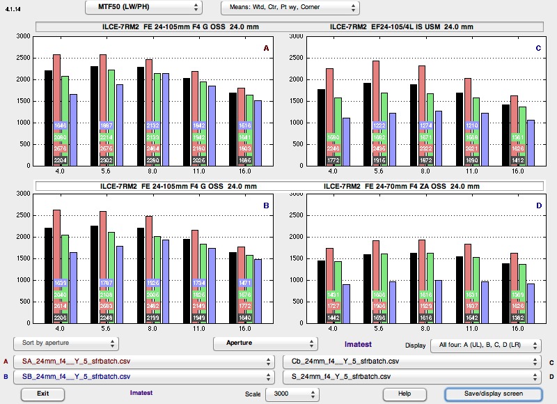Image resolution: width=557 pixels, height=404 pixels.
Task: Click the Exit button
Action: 43,394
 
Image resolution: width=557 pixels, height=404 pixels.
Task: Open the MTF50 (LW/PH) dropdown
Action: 143,8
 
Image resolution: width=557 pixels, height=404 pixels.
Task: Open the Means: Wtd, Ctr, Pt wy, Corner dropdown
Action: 290,8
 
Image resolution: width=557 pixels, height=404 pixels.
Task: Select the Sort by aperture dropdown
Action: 65,344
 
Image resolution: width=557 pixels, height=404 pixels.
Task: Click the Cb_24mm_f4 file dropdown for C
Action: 411,362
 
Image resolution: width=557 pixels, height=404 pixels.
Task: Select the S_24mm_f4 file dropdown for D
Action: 411,377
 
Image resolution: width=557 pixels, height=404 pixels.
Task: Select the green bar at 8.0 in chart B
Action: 157,272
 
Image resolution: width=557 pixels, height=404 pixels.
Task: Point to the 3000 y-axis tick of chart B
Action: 23,194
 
